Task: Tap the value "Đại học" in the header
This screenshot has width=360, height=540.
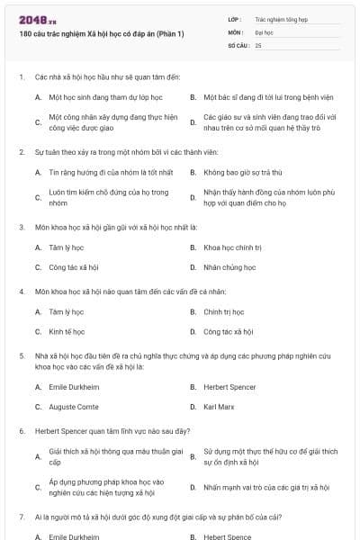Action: (x=264, y=31)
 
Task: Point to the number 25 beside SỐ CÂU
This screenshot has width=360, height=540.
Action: (x=258, y=44)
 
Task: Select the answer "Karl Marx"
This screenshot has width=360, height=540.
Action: (x=219, y=407)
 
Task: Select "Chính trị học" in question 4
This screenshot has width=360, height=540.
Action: (x=225, y=312)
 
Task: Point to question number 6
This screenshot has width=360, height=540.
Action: (x=22, y=431)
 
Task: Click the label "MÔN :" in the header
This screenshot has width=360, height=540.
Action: (x=236, y=31)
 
